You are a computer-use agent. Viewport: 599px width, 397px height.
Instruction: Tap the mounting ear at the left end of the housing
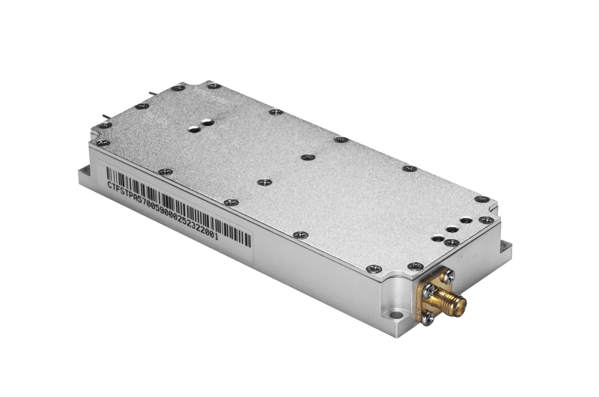tap(85, 173)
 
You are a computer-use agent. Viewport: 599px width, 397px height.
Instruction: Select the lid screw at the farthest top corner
tap(173, 88)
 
